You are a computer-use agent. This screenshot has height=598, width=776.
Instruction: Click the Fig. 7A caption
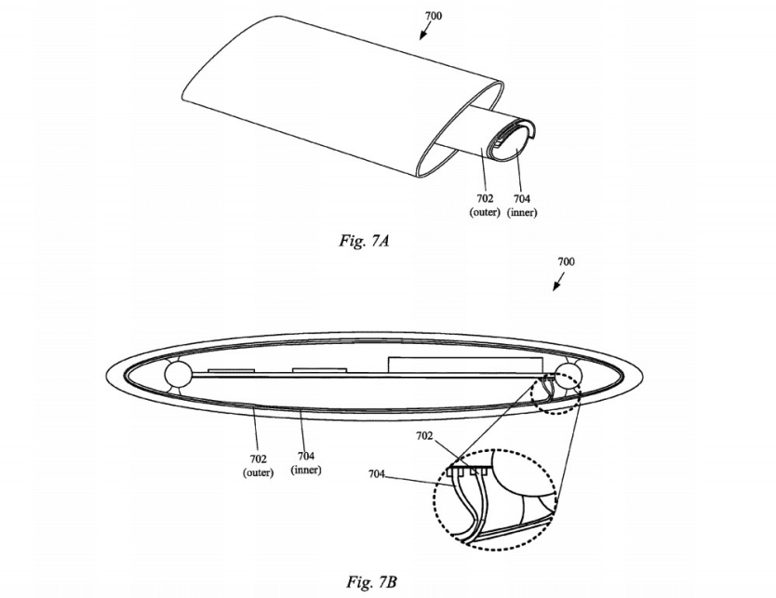(364, 241)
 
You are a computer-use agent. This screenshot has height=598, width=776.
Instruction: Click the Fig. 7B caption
(371, 582)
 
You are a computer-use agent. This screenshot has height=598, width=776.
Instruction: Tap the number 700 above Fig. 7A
(434, 16)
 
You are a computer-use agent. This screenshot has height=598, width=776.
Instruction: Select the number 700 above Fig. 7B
(566, 261)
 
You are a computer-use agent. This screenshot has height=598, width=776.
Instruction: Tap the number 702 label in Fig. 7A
(485, 198)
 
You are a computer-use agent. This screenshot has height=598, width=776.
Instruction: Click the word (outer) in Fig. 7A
(485, 212)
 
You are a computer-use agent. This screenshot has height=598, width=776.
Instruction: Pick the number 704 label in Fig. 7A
(522, 198)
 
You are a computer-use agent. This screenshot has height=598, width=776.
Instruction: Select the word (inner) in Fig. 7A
(522, 212)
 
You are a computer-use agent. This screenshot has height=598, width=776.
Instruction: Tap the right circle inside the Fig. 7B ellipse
(568, 376)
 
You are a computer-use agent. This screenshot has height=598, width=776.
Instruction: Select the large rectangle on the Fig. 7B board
(466, 365)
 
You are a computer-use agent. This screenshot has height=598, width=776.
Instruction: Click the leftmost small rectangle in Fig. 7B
(231, 370)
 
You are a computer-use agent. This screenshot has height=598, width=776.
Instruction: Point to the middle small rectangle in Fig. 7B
(320, 370)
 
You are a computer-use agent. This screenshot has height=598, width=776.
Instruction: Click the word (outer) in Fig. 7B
(259, 472)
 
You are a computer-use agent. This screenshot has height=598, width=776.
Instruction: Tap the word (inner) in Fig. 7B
(306, 470)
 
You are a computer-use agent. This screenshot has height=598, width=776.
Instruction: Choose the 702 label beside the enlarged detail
(424, 436)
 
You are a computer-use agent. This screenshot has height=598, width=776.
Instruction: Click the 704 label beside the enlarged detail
(377, 474)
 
